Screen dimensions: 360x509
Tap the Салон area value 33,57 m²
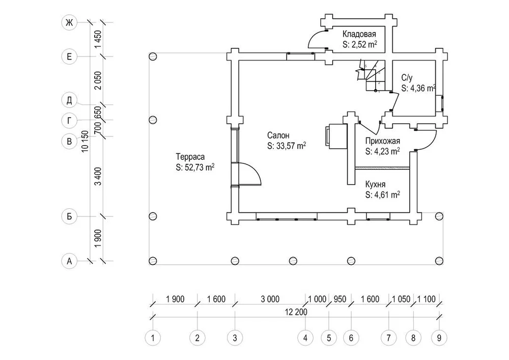[286, 146]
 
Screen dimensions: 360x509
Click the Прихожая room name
[383, 141]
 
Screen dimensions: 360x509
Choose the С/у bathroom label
[406, 78]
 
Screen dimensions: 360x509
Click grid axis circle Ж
[69, 22]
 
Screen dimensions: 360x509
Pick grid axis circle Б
[69, 216]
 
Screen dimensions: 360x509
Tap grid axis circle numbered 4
[305, 337]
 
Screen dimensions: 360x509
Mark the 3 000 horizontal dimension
[270, 299]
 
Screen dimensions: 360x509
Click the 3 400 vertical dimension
[98, 176]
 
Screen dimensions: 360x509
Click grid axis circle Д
[69, 99]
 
